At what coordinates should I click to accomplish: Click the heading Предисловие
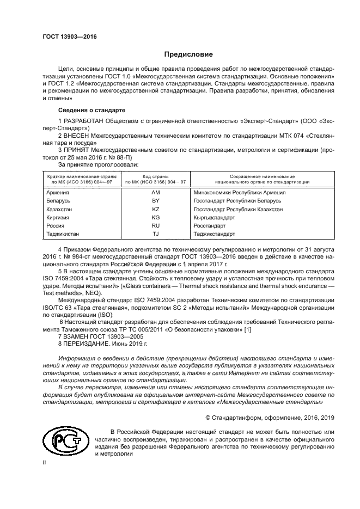click(x=189, y=54)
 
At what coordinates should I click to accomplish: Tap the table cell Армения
click(x=58, y=192)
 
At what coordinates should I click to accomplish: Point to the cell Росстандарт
click(x=210, y=225)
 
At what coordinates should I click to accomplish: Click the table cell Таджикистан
click(x=63, y=234)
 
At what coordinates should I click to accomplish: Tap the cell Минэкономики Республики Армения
click(x=240, y=192)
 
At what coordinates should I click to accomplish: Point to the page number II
click(x=45, y=462)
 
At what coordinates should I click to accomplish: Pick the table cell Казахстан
click(x=60, y=209)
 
